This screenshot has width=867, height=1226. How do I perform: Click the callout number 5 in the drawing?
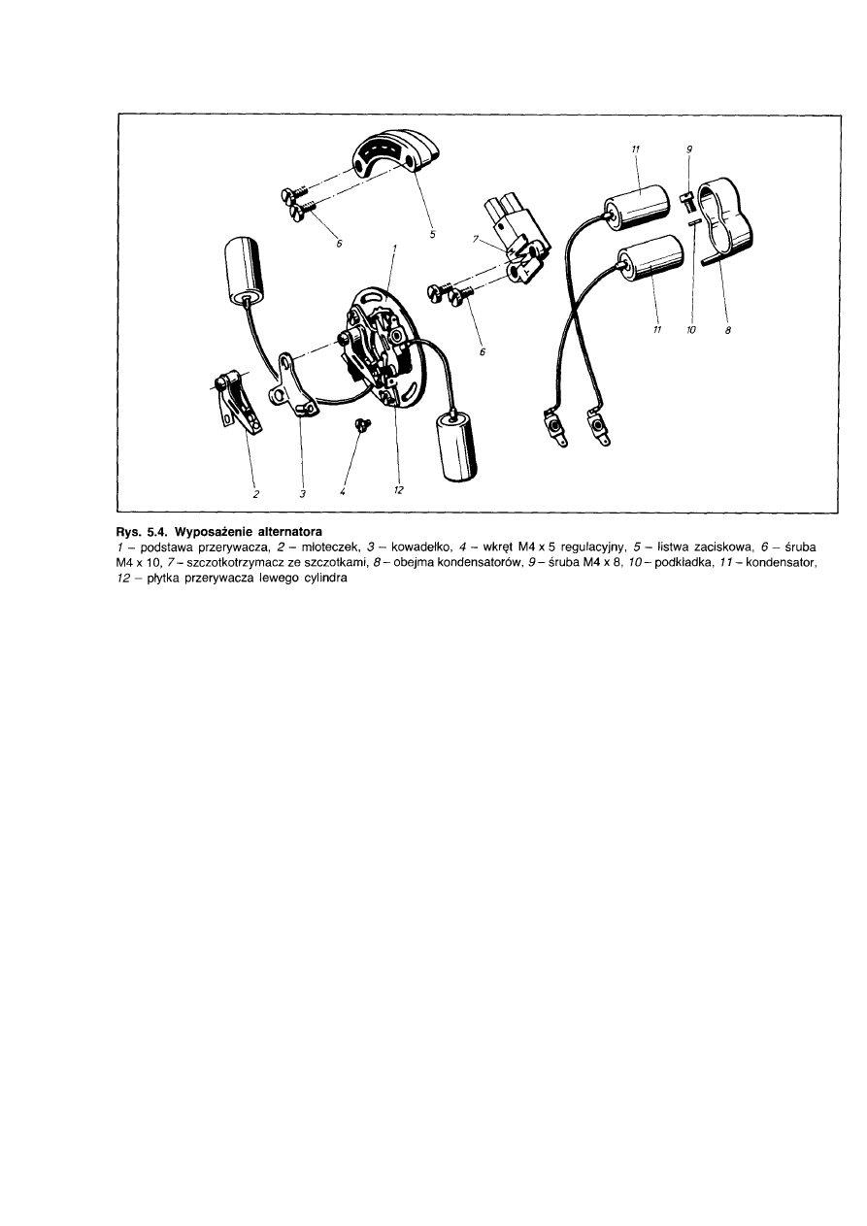coord(432,235)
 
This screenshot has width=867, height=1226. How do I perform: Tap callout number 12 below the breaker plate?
coord(398,490)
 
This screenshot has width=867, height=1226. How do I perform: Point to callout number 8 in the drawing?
coord(728,330)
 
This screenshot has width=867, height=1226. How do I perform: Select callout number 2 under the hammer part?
coord(255,494)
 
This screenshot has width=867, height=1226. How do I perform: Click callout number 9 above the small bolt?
coord(689,149)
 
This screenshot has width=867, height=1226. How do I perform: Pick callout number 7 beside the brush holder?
coord(476,239)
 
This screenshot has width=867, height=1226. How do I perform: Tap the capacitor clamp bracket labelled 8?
coord(725,222)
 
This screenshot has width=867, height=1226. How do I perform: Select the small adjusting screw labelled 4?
coord(362,424)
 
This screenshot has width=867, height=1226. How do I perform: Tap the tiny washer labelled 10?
coord(694,222)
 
